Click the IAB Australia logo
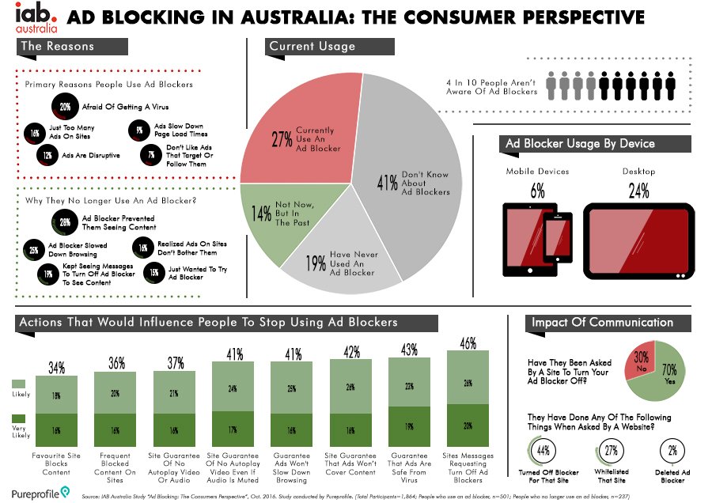click(36, 18)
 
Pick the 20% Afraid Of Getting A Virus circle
click(64, 105)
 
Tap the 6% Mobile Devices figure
click(537, 191)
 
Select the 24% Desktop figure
click(638, 191)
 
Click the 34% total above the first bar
click(57, 367)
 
